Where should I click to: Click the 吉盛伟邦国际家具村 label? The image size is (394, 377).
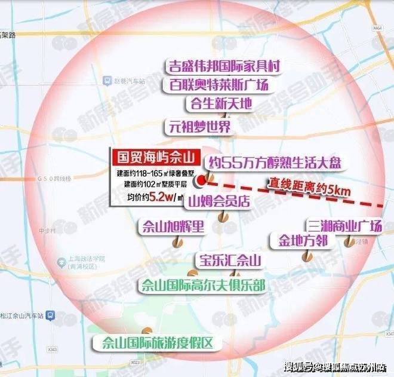220,65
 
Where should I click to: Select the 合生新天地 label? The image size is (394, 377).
218,103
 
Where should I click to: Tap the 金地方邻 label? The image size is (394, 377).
302,240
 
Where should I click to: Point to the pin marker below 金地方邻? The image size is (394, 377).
307,256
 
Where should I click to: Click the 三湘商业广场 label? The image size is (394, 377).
344,226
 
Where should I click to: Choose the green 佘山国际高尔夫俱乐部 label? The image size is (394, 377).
202,285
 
